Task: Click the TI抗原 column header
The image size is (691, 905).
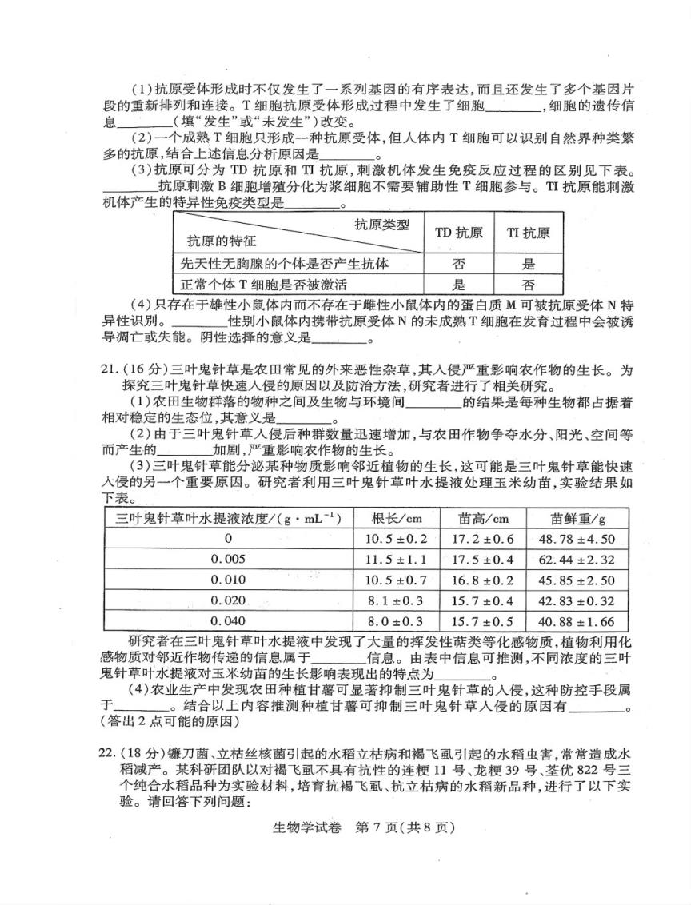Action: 528,233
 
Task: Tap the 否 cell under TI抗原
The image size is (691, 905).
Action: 528,284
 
